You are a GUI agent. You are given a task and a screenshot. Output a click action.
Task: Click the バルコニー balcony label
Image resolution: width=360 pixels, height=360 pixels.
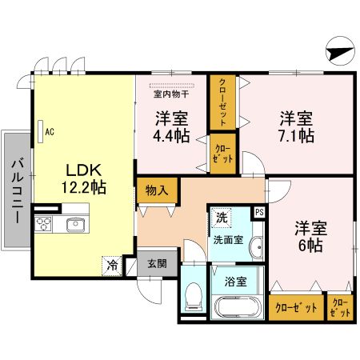coord(15,190)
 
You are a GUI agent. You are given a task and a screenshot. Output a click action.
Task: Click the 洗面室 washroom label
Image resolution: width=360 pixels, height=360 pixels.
coord(227,238)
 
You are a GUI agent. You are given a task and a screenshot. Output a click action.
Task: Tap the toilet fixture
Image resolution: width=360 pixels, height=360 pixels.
coord(194,299)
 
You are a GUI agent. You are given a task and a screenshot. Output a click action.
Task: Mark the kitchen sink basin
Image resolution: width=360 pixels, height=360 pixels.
coord(75,224)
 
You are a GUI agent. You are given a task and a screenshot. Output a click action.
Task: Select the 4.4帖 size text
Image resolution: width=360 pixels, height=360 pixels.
coord(171,136)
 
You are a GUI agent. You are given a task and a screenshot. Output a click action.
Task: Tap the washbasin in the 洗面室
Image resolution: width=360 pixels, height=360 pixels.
coord(256,248)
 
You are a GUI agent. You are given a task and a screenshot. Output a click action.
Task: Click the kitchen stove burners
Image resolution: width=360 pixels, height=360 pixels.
coord(45,224)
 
